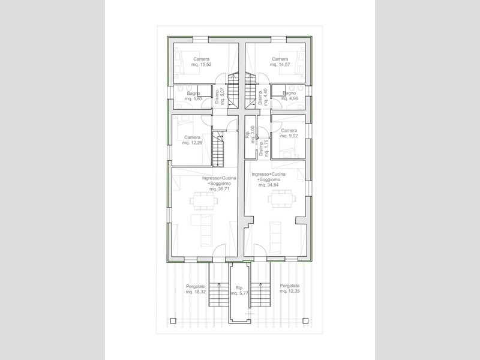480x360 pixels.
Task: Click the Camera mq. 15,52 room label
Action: [202, 62]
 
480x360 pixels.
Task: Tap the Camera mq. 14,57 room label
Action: [280, 62]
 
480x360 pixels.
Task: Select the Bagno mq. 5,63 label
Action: [193, 96]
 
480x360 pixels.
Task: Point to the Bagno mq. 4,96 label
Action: [289, 96]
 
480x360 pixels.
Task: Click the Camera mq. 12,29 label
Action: [192, 140]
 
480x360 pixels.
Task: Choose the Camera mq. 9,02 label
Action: [289, 133]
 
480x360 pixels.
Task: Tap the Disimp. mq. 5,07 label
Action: [220, 97]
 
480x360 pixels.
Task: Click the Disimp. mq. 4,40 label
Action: [263, 97]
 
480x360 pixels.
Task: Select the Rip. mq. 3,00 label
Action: [250, 134]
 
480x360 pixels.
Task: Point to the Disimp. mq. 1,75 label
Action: [263, 148]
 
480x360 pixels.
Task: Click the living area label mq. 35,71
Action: [219, 184]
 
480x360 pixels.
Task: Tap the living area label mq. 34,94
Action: [268, 179]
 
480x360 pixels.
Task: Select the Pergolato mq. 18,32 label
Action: [196, 289]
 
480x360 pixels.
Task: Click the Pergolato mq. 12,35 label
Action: [290, 289]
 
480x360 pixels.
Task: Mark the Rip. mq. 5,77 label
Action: [239, 290]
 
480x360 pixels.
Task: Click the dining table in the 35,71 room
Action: [203, 201]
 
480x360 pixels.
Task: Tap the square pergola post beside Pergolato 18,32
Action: [173, 321]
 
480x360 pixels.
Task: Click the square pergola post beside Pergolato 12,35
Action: [305, 320]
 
